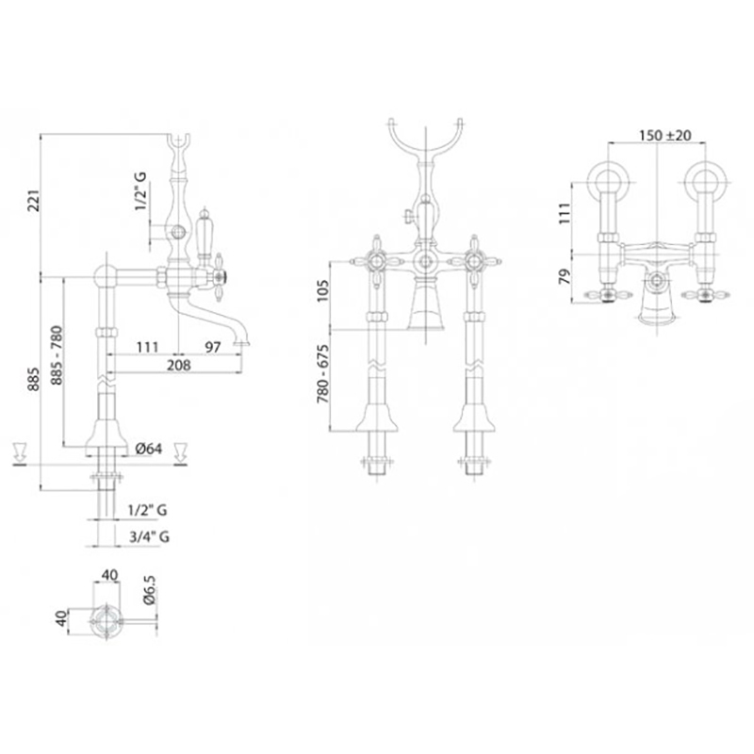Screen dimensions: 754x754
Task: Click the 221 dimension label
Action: [x=34, y=201]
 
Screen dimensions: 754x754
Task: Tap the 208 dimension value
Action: [x=179, y=366]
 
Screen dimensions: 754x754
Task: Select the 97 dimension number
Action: [x=213, y=347]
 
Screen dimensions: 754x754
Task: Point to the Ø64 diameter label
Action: [x=149, y=449]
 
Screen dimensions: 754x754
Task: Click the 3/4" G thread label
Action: [x=149, y=536]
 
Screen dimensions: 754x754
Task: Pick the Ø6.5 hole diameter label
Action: [x=150, y=590]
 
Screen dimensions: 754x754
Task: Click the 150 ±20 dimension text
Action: [x=665, y=136]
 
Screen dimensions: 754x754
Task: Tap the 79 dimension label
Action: [x=565, y=276]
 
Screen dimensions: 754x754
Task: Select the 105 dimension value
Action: [x=323, y=291]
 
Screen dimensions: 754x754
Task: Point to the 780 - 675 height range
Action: [x=323, y=374]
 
